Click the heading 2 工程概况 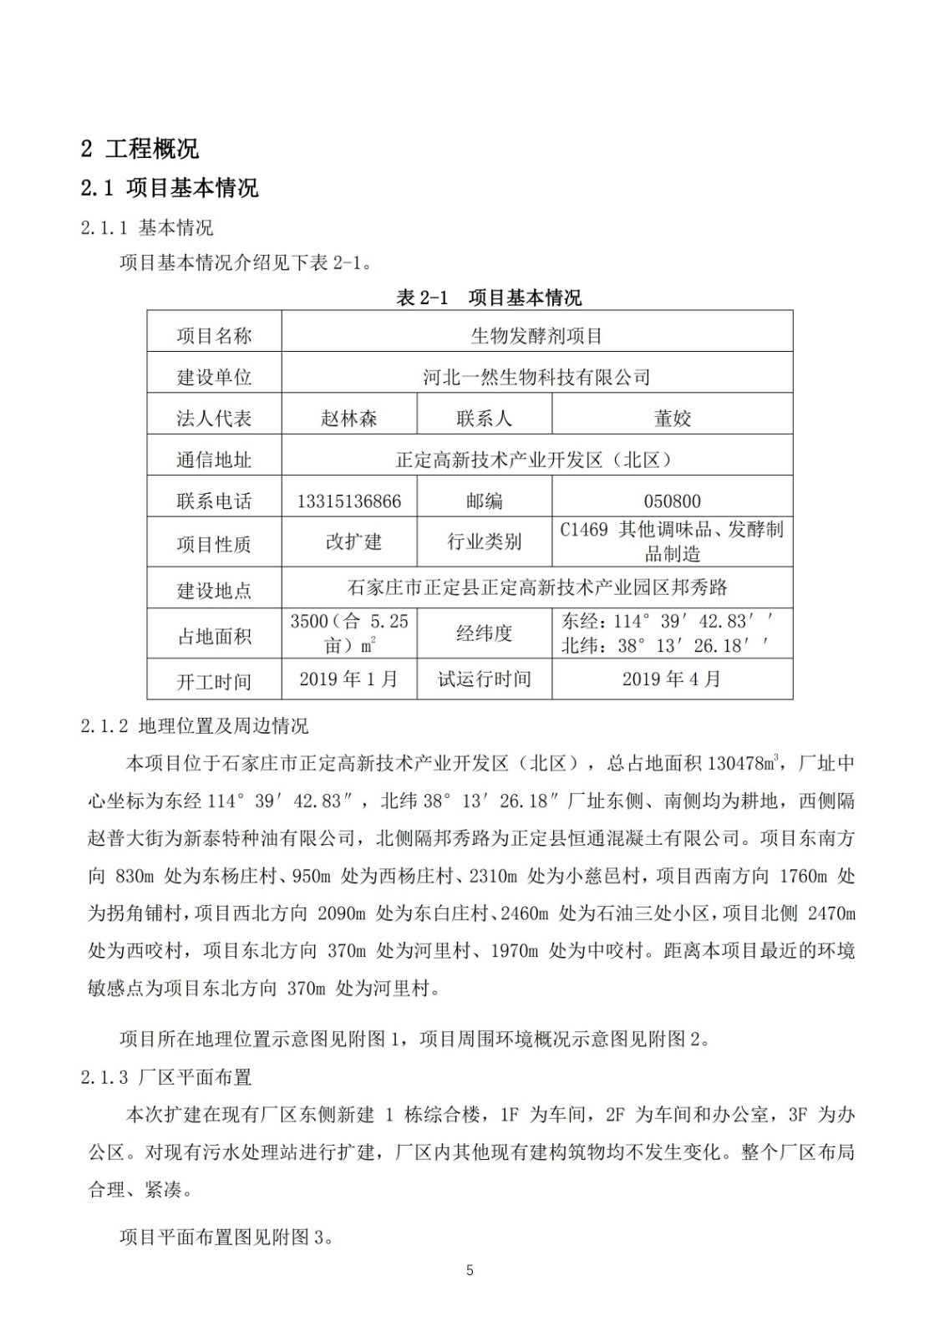140,150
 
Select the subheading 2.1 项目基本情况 170,188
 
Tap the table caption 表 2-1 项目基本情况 489,297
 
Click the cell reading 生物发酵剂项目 536,336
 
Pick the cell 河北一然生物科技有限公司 536,377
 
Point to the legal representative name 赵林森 348,418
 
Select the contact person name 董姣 672,418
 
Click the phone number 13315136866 348,501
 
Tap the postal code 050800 672,501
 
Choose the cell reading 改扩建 353,541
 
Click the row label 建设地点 214,591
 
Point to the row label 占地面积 214,636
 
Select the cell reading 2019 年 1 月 348,679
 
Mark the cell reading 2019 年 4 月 672,679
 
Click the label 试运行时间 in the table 484,679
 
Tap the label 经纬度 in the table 484,633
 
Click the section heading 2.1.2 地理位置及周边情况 195,725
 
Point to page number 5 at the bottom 470,1270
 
